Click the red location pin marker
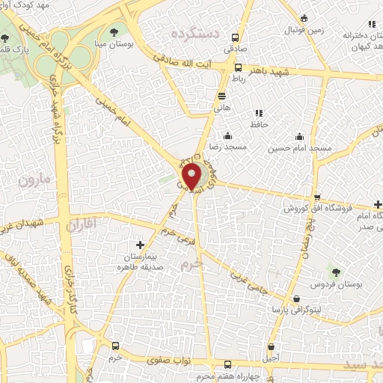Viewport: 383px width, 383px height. [x=192, y=177]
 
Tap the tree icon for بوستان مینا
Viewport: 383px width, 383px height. [x=114, y=32]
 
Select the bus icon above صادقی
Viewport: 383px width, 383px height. [x=236, y=37]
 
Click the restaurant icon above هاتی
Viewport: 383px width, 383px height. [x=221, y=96]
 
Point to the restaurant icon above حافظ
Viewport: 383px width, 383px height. [x=260, y=112]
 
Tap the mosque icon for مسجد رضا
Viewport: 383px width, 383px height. [x=227, y=135]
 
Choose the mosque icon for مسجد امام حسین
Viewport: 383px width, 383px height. [x=299, y=136]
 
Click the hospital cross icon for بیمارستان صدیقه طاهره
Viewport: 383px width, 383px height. [x=139, y=245]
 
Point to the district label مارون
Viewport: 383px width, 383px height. [x=33, y=180]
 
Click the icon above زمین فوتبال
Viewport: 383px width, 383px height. [x=302, y=18]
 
